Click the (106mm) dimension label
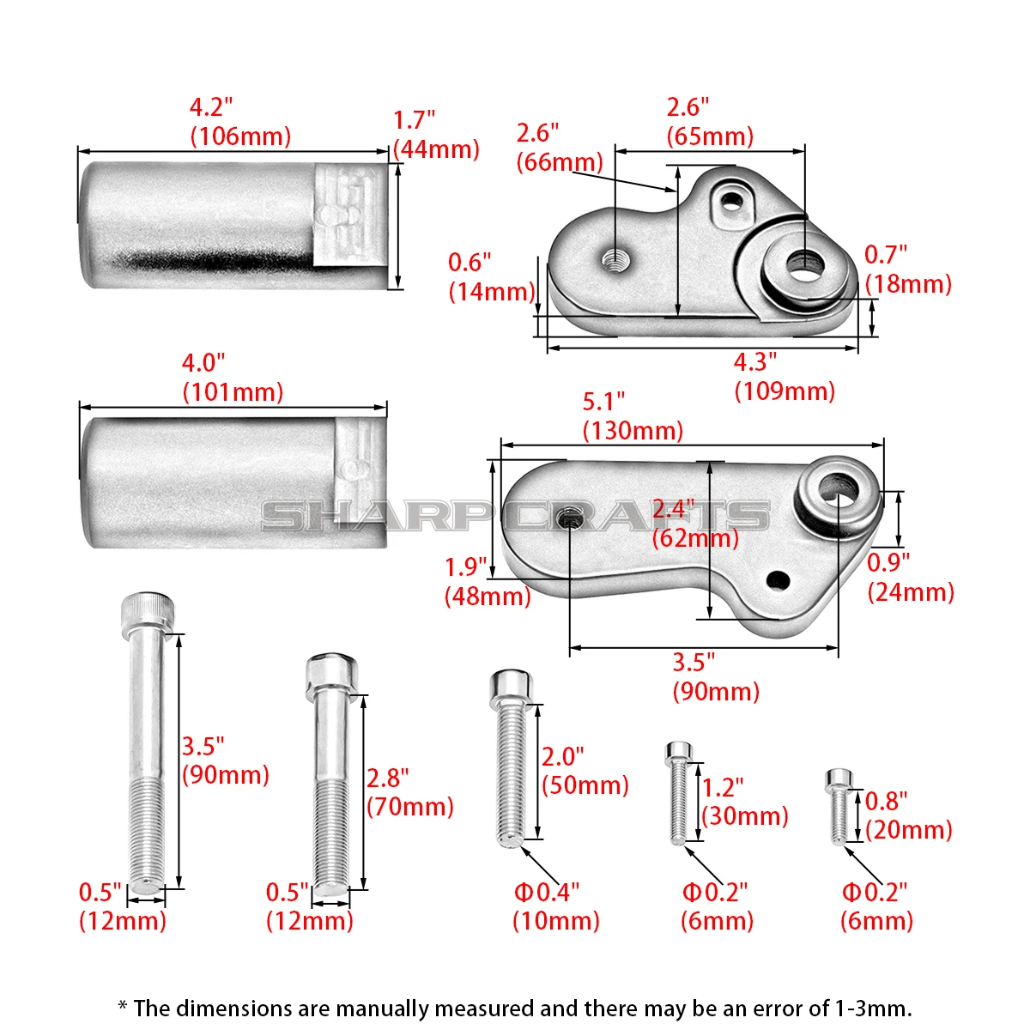240,136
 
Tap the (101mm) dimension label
233,393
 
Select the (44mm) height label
436,149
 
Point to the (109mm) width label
785,391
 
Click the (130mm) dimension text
633,431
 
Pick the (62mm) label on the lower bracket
695,538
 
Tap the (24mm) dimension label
911,592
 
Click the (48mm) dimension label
488,597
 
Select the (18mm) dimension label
909,284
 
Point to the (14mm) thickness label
492,293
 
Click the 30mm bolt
679,794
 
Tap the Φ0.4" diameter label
547,893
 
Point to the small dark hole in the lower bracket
778,580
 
